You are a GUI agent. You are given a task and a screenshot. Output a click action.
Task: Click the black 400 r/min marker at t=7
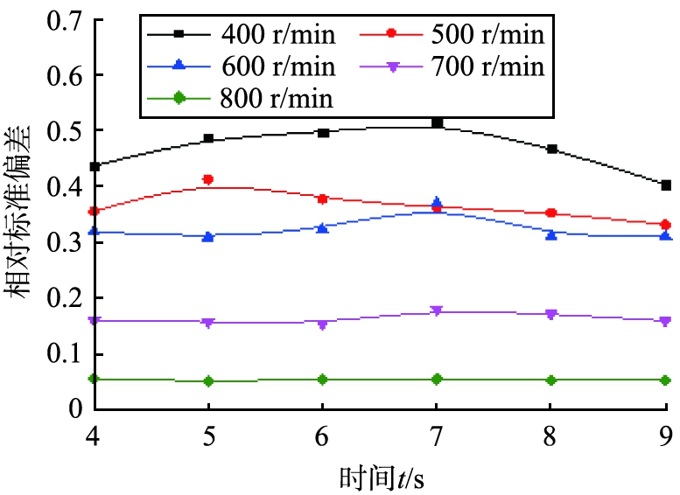437,123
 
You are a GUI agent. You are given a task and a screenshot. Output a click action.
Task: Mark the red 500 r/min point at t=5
208,179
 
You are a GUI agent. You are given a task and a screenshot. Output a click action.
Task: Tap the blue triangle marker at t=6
322,228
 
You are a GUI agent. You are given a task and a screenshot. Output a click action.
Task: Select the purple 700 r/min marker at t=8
550,313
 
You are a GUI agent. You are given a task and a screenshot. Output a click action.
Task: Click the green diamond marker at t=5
208,381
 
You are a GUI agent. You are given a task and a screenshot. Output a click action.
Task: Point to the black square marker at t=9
666,185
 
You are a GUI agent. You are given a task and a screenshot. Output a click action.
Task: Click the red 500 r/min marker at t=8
550,213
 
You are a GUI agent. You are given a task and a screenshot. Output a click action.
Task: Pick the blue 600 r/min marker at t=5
208,237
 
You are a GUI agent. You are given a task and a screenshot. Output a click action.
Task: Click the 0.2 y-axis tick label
62,298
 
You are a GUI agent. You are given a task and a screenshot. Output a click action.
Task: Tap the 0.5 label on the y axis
62,131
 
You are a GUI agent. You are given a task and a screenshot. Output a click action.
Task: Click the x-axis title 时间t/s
382,477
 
